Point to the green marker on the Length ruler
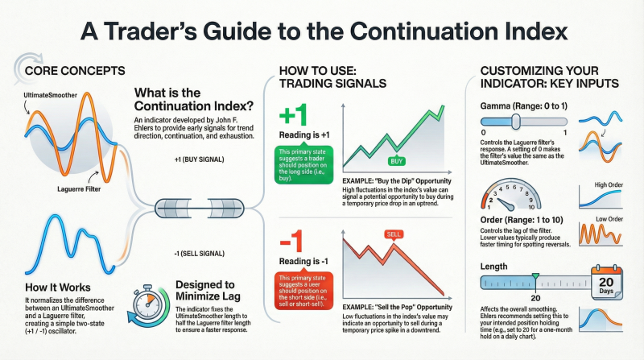pos(535,278)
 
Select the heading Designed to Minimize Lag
pos(204,291)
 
